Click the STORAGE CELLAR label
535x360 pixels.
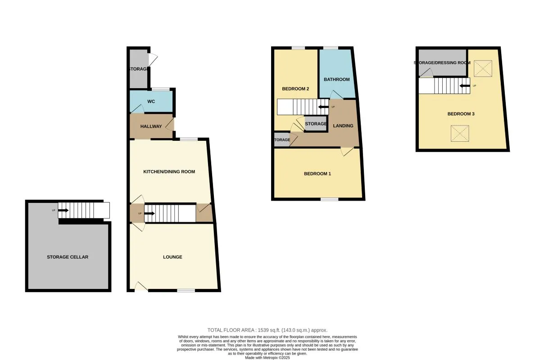[x=68, y=257]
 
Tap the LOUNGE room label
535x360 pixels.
[x=172, y=257]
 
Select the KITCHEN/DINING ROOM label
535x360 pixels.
[x=169, y=172]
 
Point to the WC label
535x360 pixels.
[x=151, y=102]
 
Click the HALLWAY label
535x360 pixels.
[x=151, y=126]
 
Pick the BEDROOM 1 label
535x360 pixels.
[x=317, y=174]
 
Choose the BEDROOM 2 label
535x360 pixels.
[x=295, y=89]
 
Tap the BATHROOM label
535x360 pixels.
[x=337, y=80]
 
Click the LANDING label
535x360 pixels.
[x=343, y=126]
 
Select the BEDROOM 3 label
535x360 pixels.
[x=461, y=114]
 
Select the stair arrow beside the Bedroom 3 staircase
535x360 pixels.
[x=465, y=85]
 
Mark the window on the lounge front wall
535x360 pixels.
[x=186, y=291]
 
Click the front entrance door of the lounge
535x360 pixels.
[x=141, y=287]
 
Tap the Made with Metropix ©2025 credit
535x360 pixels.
[x=267, y=358]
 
